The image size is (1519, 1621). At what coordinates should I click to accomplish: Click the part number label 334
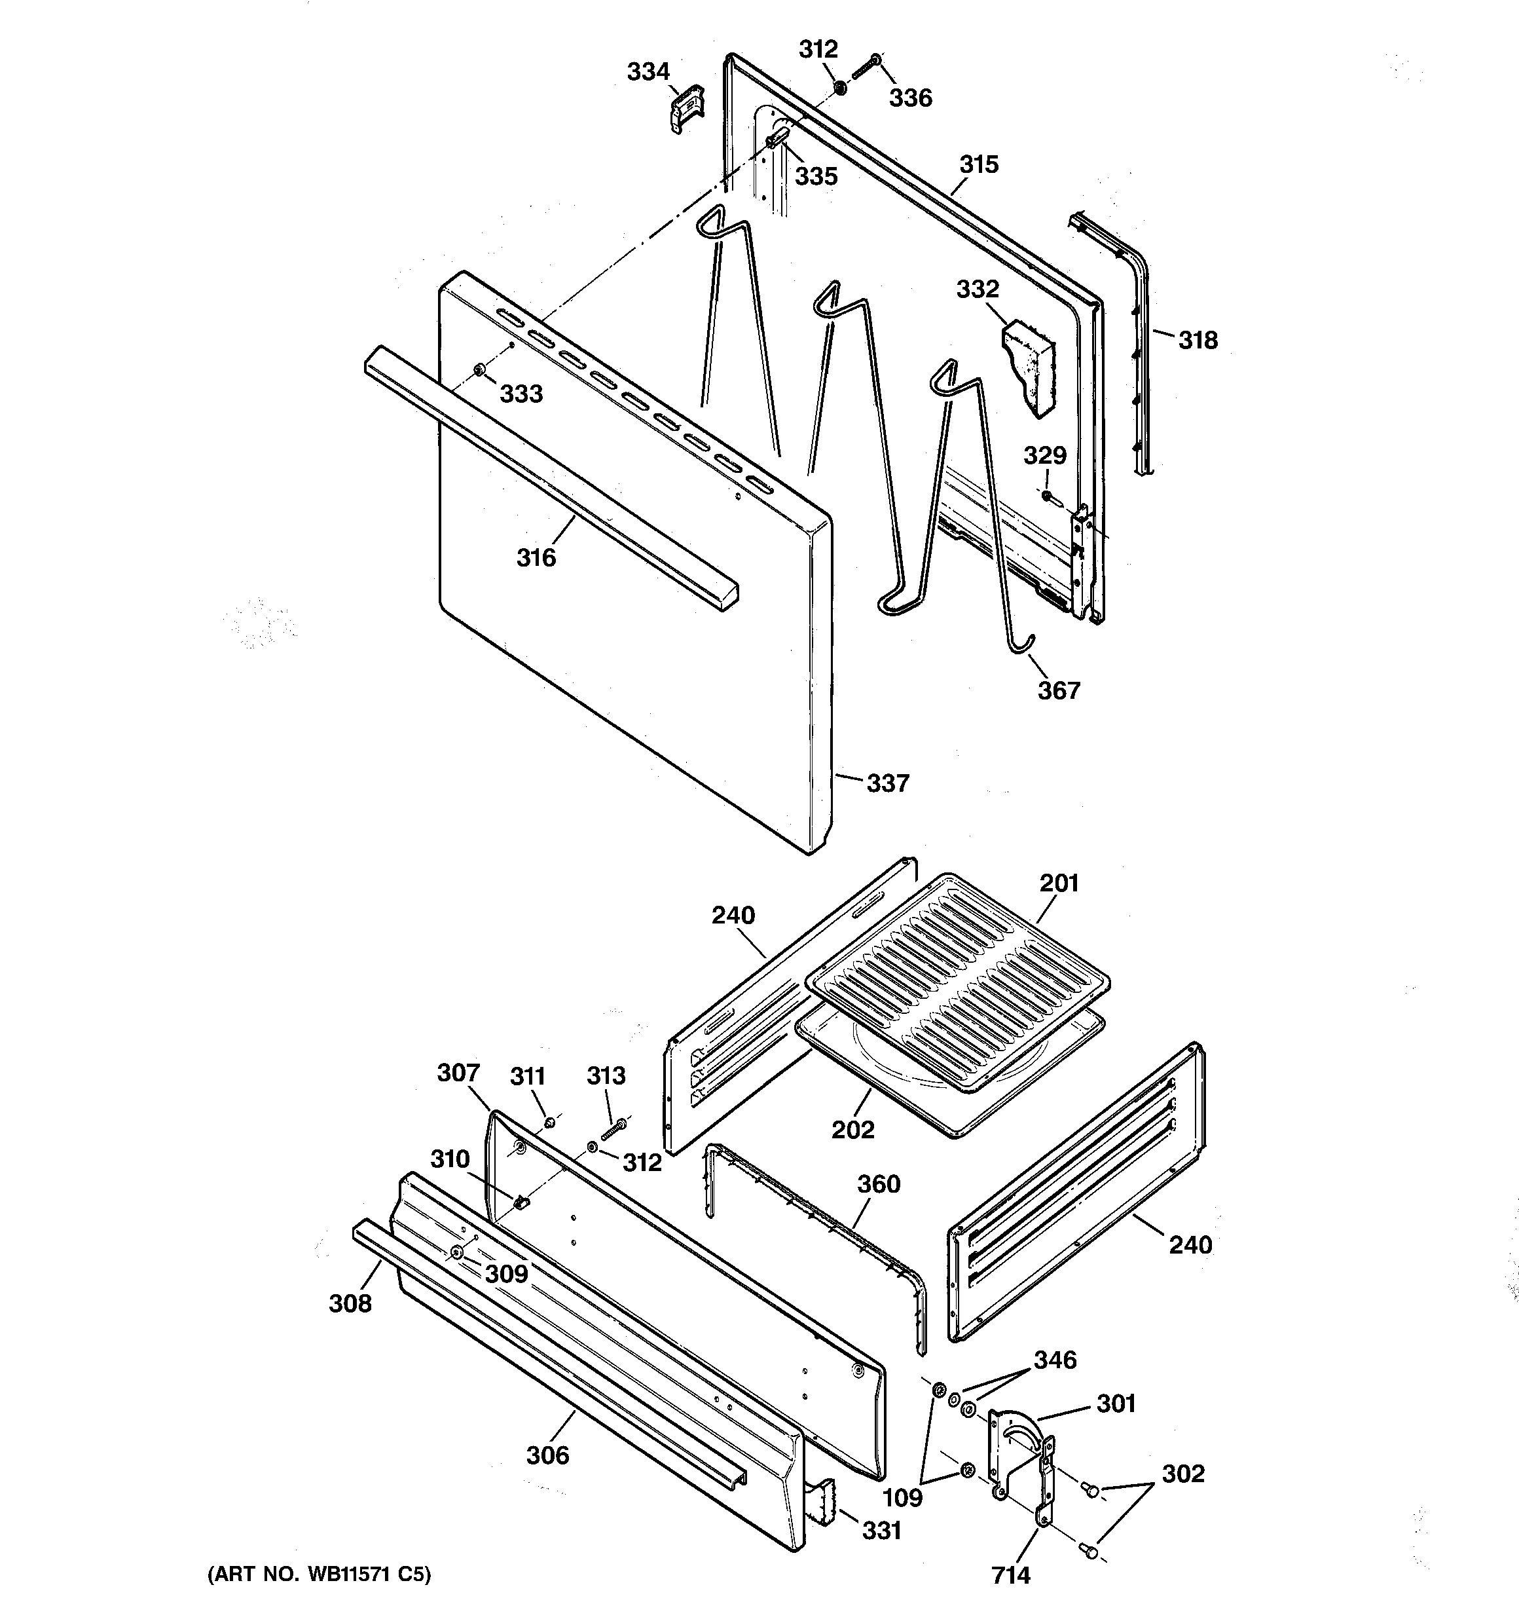pos(648,72)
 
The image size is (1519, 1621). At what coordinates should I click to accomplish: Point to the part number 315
pos(978,164)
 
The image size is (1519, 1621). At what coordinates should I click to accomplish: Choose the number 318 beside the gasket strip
pos(1198,340)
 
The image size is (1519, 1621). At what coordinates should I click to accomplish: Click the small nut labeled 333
pos(480,372)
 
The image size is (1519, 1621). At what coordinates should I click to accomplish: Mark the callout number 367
pos(1058,690)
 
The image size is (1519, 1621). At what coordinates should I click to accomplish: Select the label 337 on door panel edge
pos(887,783)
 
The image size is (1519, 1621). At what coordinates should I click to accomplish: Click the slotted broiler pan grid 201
pos(958,978)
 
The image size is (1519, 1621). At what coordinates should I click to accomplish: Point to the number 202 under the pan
pos(853,1129)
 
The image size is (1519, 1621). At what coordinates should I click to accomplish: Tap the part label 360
pos(878,1184)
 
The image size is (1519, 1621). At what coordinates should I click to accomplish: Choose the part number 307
pos(458,1072)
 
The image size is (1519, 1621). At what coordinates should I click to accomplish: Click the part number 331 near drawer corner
pos(881,1531)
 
